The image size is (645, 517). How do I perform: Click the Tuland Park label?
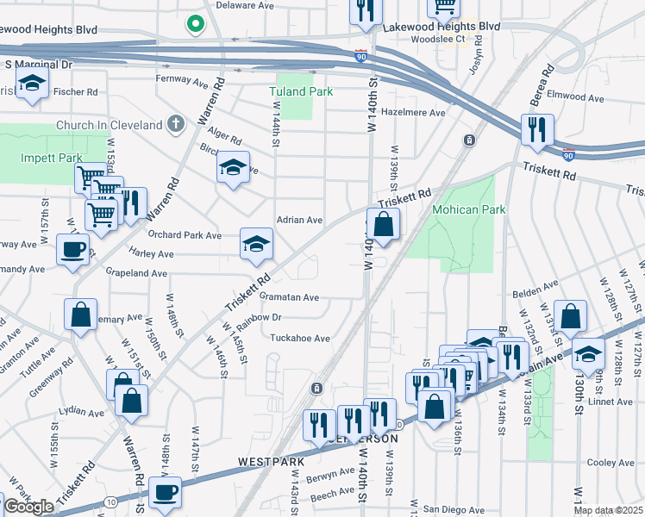point(300,91)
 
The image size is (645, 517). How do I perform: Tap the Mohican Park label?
point(469,209)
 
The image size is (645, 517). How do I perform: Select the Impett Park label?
point(52,158)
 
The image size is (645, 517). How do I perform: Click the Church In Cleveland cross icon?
point(177,125)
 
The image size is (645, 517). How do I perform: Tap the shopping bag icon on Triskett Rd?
point(384,224)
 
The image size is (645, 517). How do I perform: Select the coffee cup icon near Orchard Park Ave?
point(72,249)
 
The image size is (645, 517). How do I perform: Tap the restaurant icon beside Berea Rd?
point(537,129)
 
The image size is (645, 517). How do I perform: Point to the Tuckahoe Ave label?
point(300,339)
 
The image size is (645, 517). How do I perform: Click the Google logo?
point(28,507)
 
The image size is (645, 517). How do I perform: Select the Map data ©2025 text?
point(607,510)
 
